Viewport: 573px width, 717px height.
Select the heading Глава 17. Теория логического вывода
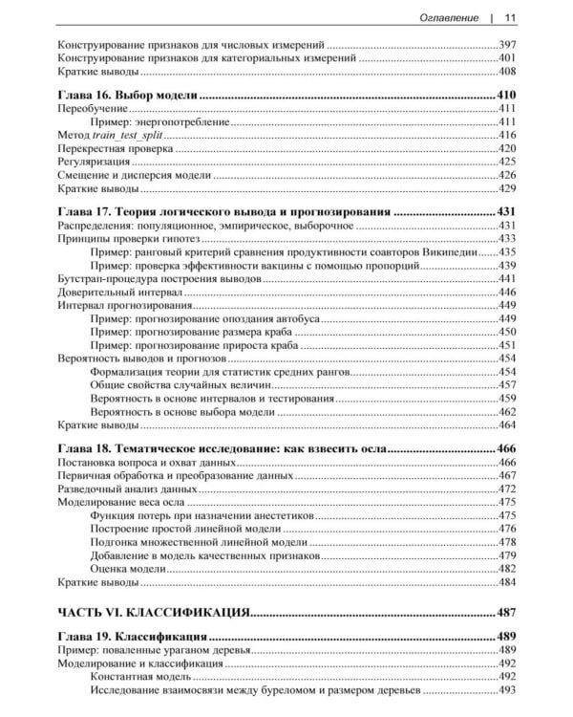click(x=224, y=211)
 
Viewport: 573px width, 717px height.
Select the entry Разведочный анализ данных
click(x=124, y=488)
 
